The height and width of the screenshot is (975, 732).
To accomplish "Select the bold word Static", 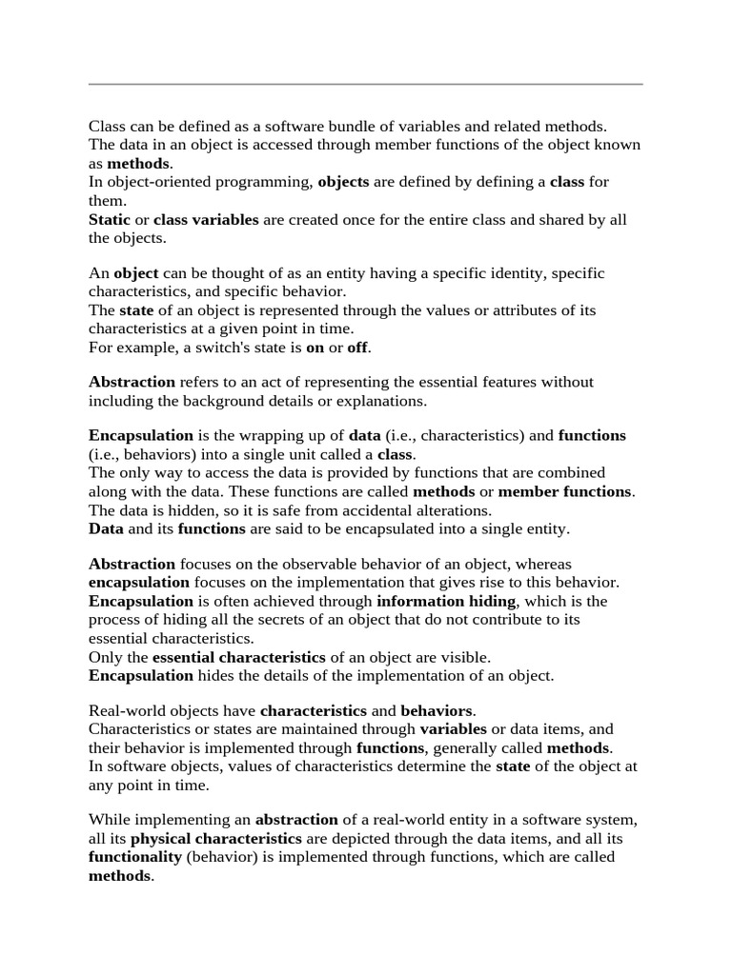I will coord(110,219).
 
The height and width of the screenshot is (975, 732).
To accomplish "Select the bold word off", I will coord(357,347).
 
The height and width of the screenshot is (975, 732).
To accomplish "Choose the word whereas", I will coord(541,564).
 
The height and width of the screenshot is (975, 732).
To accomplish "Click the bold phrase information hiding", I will coord(446,601).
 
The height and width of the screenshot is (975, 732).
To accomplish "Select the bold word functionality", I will coord(135,857).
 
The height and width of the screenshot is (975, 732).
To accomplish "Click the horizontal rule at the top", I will coord(366,84).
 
